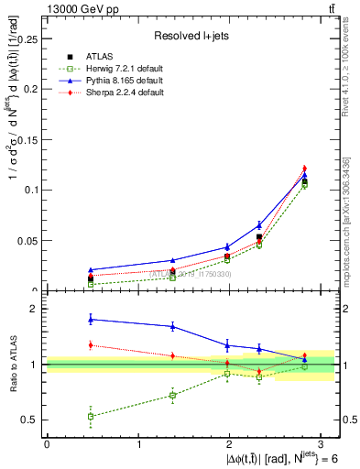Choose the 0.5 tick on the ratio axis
(33, 420)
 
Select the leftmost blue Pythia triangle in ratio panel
(91, 319)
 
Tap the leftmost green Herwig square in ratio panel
(91, 416)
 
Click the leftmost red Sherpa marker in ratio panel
(91, 345)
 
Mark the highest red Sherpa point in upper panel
(305, 169)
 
